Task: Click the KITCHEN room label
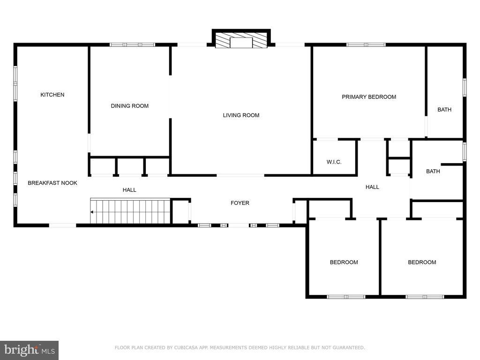52,95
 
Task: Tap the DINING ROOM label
130,106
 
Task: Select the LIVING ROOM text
241,115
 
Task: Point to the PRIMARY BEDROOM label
369,97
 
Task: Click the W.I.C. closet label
334,162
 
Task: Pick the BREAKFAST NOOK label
52,183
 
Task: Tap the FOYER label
240,203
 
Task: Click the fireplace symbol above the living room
241,39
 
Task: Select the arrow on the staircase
92,212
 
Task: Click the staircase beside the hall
130,211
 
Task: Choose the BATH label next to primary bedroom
444,110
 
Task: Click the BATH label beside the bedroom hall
433,172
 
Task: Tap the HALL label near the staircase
129,190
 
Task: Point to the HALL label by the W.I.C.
372,187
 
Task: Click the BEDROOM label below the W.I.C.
344,262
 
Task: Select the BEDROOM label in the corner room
422,262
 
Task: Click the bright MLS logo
30,350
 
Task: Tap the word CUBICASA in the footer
186,347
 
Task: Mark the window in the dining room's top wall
133,45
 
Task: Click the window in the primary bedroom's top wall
366,45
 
